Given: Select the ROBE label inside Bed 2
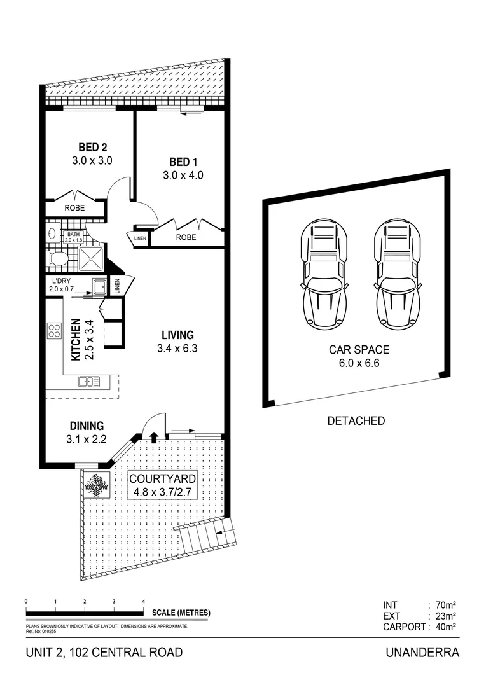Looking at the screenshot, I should point(74,208).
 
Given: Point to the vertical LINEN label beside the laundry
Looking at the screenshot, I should point(117,286).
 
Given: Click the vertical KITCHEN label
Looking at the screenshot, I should point(74,340).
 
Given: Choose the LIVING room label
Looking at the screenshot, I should point(177,335).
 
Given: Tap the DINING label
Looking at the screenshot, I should point(87,426).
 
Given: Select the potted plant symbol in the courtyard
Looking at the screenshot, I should point(97,485).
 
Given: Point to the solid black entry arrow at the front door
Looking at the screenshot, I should point(154,437).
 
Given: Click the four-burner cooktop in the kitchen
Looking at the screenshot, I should point(54,331).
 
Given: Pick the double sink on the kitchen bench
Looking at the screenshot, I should point(89,382).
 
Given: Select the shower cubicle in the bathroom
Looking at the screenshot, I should point(90,258).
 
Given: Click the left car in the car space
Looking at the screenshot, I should point(324,274).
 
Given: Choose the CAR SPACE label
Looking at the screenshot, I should point(359,349).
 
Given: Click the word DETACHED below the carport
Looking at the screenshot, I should point(356,420).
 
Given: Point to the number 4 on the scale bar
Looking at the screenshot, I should point(144,601).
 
